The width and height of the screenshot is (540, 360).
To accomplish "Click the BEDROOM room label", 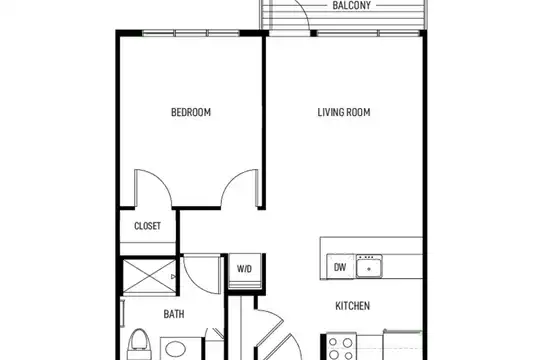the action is click(191, 112).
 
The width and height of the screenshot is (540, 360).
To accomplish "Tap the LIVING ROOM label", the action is click(344, 112).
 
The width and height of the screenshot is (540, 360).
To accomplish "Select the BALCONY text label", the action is click(352, 6).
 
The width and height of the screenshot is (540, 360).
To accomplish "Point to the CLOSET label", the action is click(147, 226).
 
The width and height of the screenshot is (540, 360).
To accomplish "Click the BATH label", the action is click(174, 314).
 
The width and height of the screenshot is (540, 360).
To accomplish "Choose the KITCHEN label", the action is click(353, 306).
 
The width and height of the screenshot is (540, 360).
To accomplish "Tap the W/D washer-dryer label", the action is click(244, 269).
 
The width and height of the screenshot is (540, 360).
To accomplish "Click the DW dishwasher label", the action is click(340, 267).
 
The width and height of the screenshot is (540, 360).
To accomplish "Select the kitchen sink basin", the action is click(369, 266).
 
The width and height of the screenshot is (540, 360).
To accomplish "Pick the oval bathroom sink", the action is click(176, 350).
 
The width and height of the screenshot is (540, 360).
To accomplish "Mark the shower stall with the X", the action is click(149, 277).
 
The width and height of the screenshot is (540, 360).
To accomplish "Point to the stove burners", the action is click(341, 347).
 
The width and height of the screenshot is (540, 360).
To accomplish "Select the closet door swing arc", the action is click(162, 181).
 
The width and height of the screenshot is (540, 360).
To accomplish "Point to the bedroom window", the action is click(191, 33).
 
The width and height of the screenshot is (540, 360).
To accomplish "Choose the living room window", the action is click(368, 33).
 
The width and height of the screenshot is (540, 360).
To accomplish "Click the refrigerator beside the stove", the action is click(403, 345).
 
